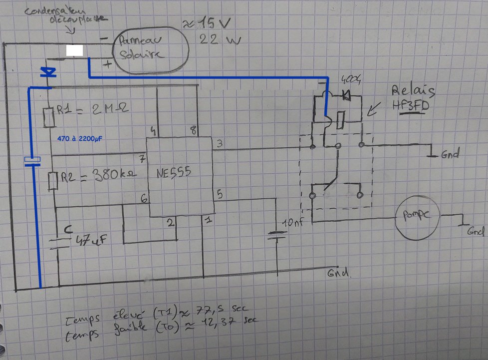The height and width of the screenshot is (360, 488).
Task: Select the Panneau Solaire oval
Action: pyautogui.click(x=150, y=50)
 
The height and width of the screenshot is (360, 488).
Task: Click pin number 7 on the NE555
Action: pyautogui.click(x=142, y=159)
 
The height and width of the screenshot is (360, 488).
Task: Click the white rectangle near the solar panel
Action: pyautogui.click(x=74, y=50)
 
